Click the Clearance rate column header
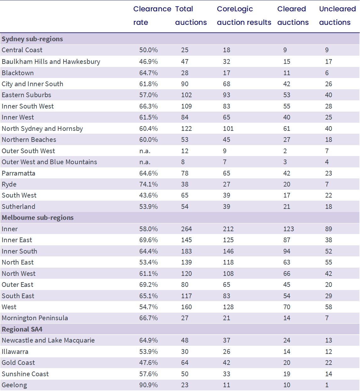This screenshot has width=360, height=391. coord(152,16)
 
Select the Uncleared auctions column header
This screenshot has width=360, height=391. coord(337,16)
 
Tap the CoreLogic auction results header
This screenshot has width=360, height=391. coord(244,16)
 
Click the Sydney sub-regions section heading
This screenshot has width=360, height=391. coord(32,39)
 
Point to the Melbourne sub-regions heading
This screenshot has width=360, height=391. coord(38,218)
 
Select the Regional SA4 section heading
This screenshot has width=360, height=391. coord(22,329)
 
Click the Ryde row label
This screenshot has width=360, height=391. coord(9,184)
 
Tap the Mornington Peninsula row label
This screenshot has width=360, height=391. coord(35,318)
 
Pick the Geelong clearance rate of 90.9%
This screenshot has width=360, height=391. coord(148,385)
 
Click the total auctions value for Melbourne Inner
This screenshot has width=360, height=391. coord(186,229)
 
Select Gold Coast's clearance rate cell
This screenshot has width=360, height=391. coord(148,363)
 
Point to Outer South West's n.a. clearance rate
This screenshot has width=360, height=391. coord(145,151)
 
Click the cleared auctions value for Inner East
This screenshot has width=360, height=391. coord(287,240)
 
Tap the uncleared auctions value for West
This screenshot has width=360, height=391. coord(329,307)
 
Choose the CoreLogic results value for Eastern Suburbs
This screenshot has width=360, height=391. coord(226,95)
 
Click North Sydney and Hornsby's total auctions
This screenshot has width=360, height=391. coord(186,129)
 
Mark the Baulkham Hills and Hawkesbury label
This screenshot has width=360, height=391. coord(51,62)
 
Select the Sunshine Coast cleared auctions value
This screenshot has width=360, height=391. coord(287,374)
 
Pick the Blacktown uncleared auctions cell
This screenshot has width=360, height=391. coord(327,73)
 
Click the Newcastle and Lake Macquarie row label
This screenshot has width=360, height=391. coord(48,340)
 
